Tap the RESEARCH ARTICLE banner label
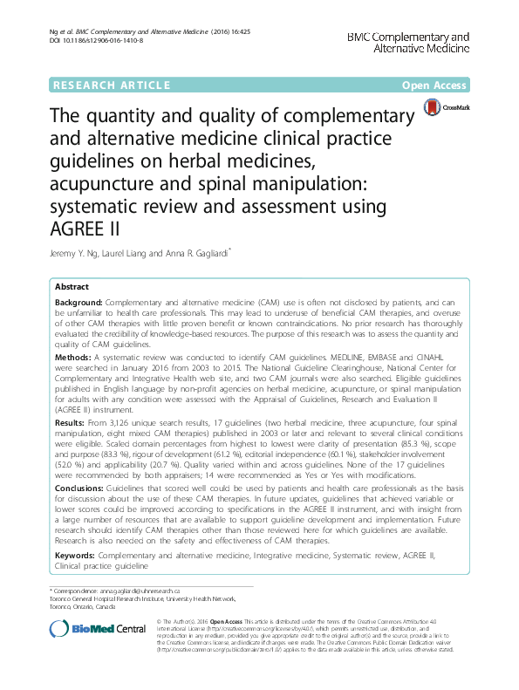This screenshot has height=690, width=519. (111, 85)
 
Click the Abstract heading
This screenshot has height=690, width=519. (72, 286)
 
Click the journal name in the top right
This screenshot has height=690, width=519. (408, 42)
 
